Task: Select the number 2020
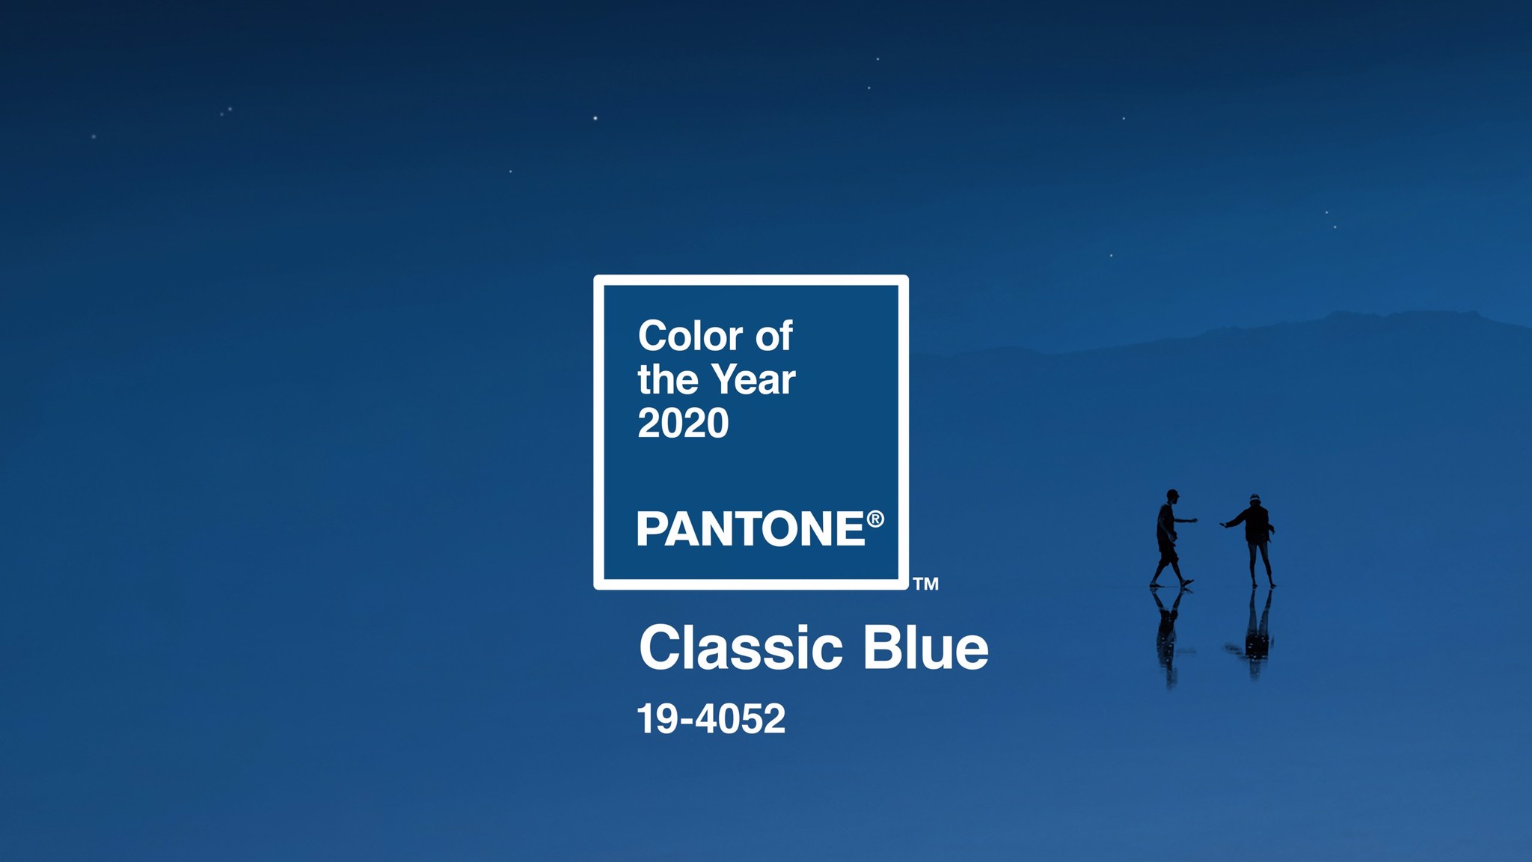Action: pos(683,424)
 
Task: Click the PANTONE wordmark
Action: pos(751,529)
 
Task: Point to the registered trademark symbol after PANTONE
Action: pos(875,519)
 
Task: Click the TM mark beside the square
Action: pos(926,584)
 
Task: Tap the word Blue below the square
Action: pos(926,649)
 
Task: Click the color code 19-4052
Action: pos(711,719)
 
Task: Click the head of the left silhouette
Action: pos(1172,496)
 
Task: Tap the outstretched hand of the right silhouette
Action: pos(1225,525)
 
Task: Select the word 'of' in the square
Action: pos(773,336)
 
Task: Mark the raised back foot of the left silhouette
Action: pos(1187,582)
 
